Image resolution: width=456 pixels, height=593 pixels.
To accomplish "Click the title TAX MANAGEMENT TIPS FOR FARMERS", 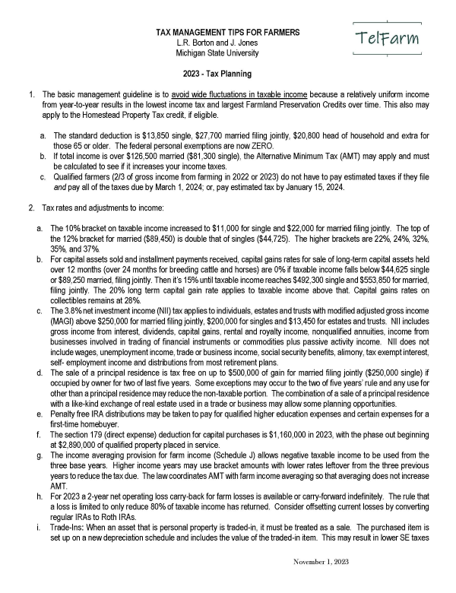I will (x=227, y=33).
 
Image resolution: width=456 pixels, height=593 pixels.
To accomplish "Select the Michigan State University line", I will (x=217, y=53).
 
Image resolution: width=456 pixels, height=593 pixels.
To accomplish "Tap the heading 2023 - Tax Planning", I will (x=217, y=74).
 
